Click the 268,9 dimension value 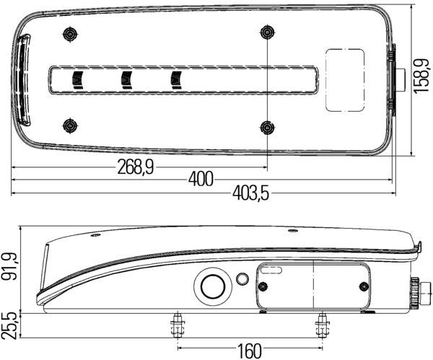click(135, 167)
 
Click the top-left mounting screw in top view click(70, 33)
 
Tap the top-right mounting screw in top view click(267, 32)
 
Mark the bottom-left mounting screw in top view click(70, 126)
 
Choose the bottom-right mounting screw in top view click(267, 127)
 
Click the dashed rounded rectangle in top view click(345, 79)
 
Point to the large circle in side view click(213, 286)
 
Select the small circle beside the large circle click(242, 278)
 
